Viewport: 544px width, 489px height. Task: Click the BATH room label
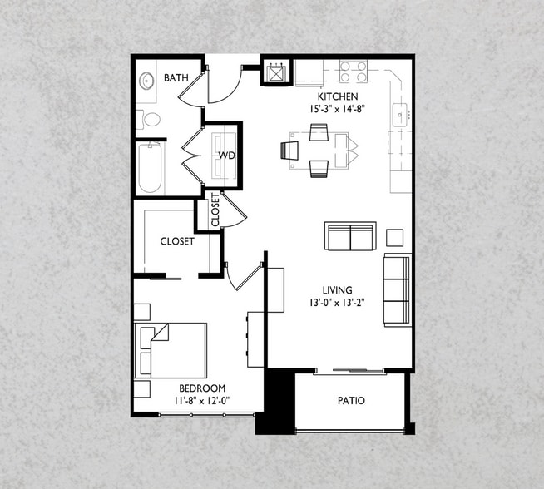(176, 77)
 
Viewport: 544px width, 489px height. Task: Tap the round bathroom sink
(146, 81)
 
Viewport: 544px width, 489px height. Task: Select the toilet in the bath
(149, 119)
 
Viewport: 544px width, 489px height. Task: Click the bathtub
(150, 168)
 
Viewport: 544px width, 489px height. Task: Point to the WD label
(226, 155)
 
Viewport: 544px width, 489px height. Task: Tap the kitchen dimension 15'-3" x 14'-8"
(338, 109)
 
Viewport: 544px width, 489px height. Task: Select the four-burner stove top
(354, 71)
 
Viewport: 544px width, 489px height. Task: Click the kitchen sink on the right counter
(399, 115)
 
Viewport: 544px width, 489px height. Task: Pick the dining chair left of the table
(289, 151)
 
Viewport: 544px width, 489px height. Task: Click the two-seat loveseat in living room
(350, 236)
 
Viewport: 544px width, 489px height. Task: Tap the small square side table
(395, 238)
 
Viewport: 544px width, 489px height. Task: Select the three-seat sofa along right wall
(398, 290)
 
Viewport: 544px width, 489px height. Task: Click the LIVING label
(337, 290)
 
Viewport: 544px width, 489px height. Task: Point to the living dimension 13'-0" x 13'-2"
(337, 303)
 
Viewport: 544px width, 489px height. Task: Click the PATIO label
(351, 401)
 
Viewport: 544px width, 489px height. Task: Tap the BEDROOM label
(202, 388)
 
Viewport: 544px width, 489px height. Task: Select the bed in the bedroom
(171, 350)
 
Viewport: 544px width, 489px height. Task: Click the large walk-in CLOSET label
(177, 241)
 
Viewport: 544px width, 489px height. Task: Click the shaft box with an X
(275, 73)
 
